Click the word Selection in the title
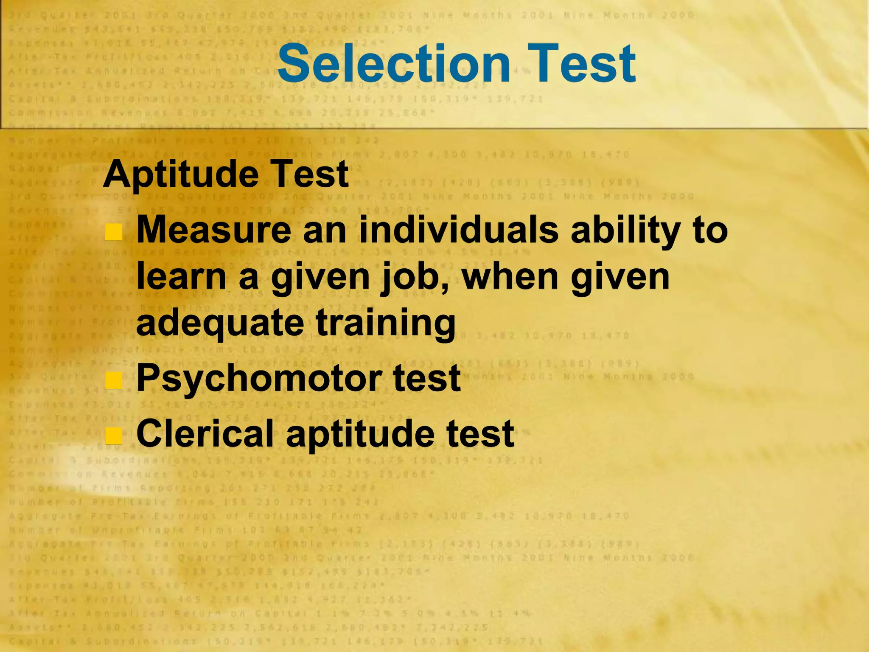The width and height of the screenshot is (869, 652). [x=393, y=64]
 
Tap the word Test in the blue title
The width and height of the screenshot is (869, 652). [x=581, y=64]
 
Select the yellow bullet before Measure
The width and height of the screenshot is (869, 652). [x=114, y=232]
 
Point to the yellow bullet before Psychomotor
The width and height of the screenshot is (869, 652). [x=114, y=380]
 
